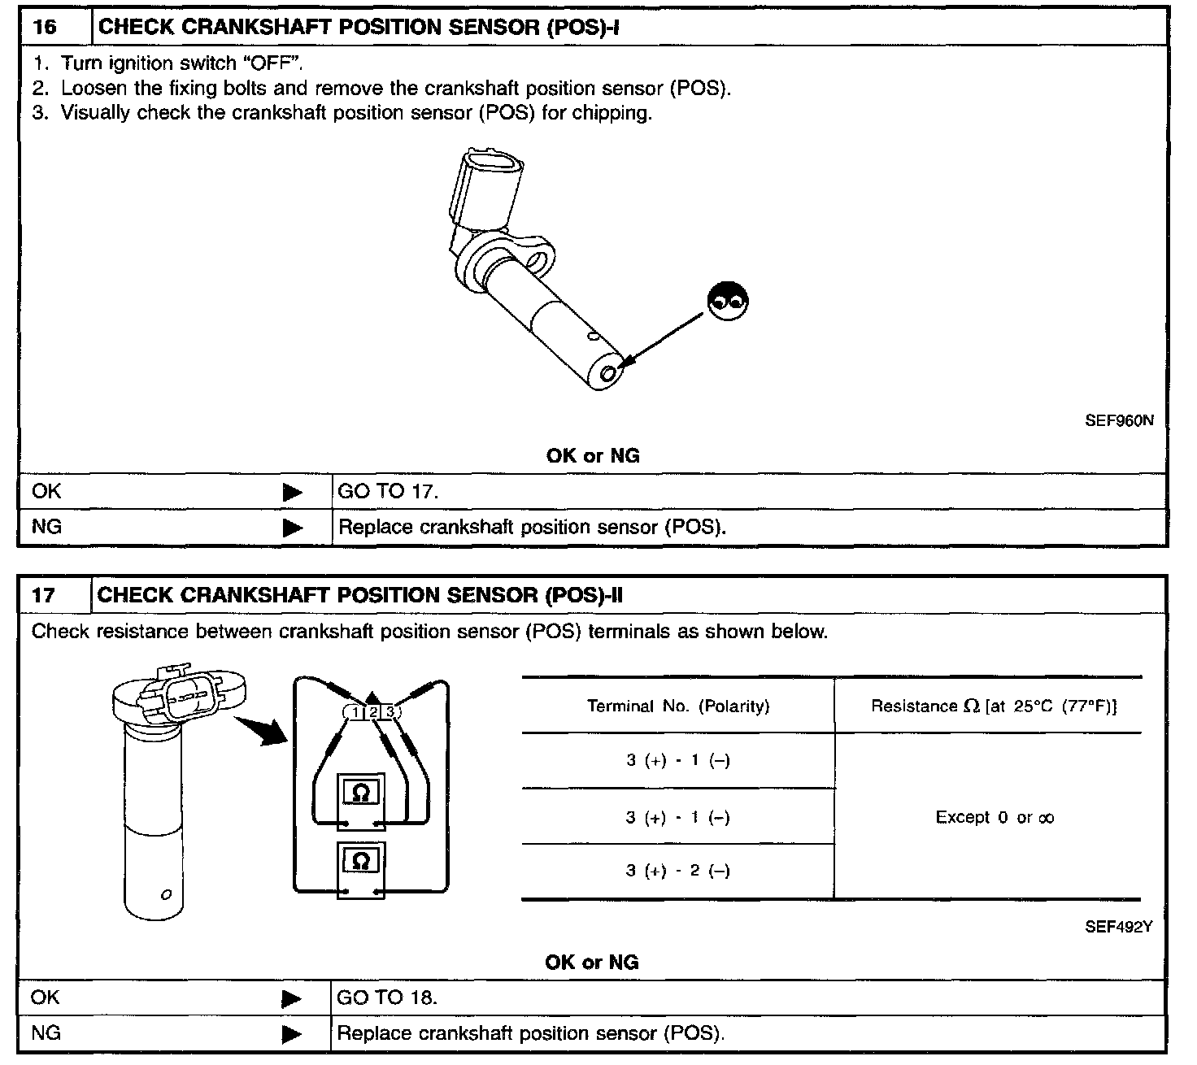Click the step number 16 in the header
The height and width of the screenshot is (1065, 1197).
pos(46,27)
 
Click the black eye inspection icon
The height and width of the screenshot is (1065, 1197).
pos(728,302)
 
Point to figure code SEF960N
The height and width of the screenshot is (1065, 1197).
pos(1118,421)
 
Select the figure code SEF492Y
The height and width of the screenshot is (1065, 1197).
pos(1118,926)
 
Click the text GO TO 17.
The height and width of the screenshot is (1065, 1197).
pos(388,491)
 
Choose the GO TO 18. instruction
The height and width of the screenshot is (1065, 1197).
pos(387,998)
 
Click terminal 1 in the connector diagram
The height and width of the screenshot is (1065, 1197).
pos(356,713)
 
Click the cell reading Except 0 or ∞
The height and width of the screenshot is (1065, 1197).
pos(994,817)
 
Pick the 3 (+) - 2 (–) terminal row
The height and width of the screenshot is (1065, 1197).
pos(677,872)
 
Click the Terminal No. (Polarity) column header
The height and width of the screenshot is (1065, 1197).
pos(677,706)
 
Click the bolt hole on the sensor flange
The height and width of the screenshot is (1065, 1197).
pos(538,261)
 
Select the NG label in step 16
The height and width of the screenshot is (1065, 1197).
pos(46,527)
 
